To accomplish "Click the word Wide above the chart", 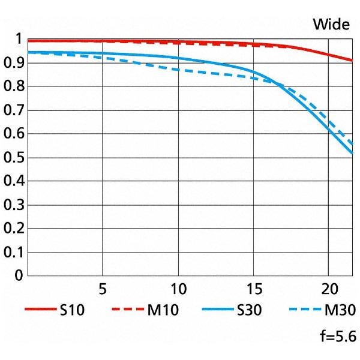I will click(331, 25).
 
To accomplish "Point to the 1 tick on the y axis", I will click(19, 40).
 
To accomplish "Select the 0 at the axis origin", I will click(19, 276).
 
